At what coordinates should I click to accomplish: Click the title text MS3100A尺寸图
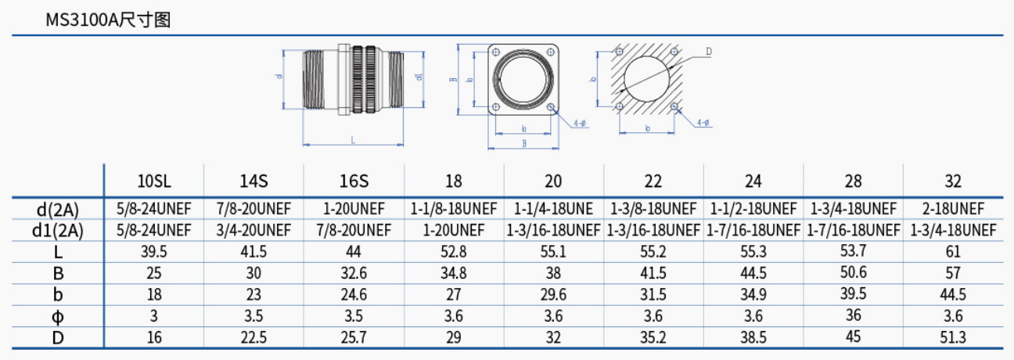(x=108, y=20)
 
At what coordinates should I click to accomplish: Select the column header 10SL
(x=154, y=182)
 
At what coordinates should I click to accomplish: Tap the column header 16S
(x=354, y=182)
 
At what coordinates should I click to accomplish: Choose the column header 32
(x=953, y=182)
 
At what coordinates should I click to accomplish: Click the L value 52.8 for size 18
(x=454, y=252)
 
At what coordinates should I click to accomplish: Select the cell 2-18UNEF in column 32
(x=953, y=209)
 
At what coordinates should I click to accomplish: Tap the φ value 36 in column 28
(x=853, y=316)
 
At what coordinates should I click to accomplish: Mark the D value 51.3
(x=953, y=337)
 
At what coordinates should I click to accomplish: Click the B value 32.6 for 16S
(x=354, y=273)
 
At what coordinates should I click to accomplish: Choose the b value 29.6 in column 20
(x=553, y=295)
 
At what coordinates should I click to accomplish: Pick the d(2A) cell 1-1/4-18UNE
(x=553, y=209)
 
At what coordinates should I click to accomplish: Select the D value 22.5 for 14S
(x=253, y=337)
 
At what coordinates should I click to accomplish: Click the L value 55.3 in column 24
(x=753, y=252)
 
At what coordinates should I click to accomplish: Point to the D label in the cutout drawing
(x=708, y=52)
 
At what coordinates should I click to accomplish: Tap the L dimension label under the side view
(x=353, y=140)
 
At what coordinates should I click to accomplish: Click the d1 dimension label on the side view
(x=420, y=77)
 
